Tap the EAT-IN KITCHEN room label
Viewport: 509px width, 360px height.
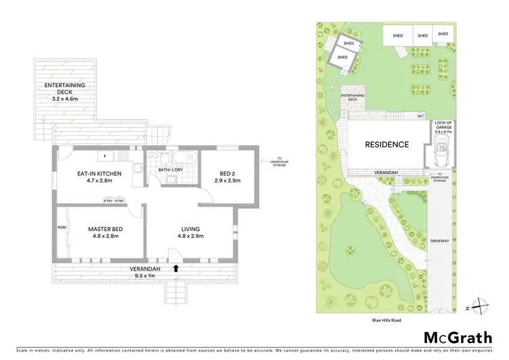[99, 174]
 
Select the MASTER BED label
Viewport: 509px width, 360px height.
[104, 228]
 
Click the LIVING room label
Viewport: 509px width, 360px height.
[190, 229]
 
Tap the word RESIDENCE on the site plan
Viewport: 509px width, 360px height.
[388, 145]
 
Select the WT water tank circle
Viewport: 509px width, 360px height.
[420, 116]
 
